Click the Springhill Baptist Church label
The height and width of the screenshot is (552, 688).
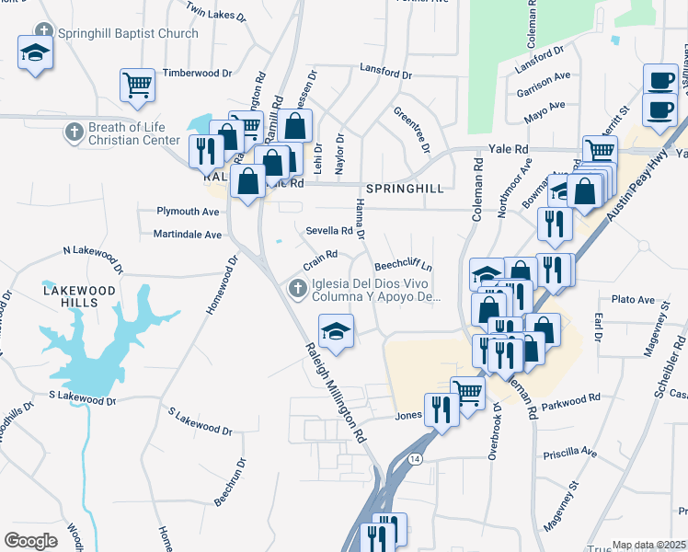[x=127, y=34]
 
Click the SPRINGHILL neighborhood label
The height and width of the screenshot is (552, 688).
[x=405, y=188]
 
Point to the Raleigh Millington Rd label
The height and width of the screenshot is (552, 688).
[x=336, y=392]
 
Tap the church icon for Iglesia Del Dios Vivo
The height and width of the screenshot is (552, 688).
[x=296, y=290]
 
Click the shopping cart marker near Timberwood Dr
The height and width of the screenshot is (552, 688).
[x=137, y=86]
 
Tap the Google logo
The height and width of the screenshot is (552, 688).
[x=30, y=541]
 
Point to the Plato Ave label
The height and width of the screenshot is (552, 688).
[x=633, y=300]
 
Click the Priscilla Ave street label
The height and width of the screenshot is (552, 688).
[x=569, y=453]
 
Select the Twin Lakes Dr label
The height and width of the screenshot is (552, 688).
[x=216, y=11]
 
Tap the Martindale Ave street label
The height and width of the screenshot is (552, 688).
[x=188, y=235]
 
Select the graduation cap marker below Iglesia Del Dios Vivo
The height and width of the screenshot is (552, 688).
[x=337, y=331]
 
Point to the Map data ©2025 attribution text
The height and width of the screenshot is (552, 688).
[x=648, y=545]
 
